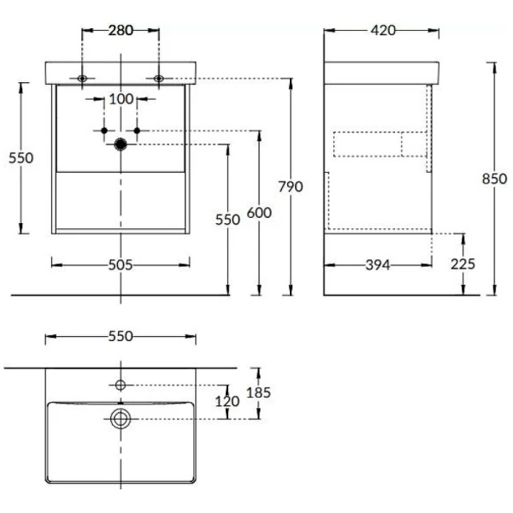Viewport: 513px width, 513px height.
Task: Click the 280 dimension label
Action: click(x=121, y=31)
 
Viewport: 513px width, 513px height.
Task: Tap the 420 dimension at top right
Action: click(x=383, y=31)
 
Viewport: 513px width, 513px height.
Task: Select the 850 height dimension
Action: click(x=494, y=179)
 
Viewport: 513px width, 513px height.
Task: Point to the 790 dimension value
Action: click(x=291, y=186)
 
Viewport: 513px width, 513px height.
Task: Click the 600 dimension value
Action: click(x=259, y=213)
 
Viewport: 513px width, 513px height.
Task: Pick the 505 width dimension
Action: click(x=121, y=265)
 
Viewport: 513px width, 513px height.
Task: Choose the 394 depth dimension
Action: click(x=378, y=265)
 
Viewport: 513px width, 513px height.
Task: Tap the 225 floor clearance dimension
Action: click(x=463, y=264)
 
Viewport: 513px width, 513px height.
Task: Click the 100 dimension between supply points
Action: click(x=121, y=99)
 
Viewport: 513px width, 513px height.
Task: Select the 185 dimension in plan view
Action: click(x=258, y=392)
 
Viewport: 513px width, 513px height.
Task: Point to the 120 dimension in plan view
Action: click(x=227, y=402)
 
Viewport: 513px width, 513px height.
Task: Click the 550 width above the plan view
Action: click(x=121, y=336)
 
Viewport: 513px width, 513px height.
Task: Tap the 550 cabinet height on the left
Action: click(x=21, y=158)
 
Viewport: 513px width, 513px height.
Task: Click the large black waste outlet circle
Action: click(x=121, y=144)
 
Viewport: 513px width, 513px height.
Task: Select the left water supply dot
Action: click(x=104, y=131)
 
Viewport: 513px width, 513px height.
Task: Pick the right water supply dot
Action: click(x=137, y=131)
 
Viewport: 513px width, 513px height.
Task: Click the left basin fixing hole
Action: click(x=82, y=79)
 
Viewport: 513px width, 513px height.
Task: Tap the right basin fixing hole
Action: click(x=159, y=79)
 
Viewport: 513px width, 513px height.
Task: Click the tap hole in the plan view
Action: click(x=121, y=385)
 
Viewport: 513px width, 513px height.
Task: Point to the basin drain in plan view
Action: click(x=121, y=419)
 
